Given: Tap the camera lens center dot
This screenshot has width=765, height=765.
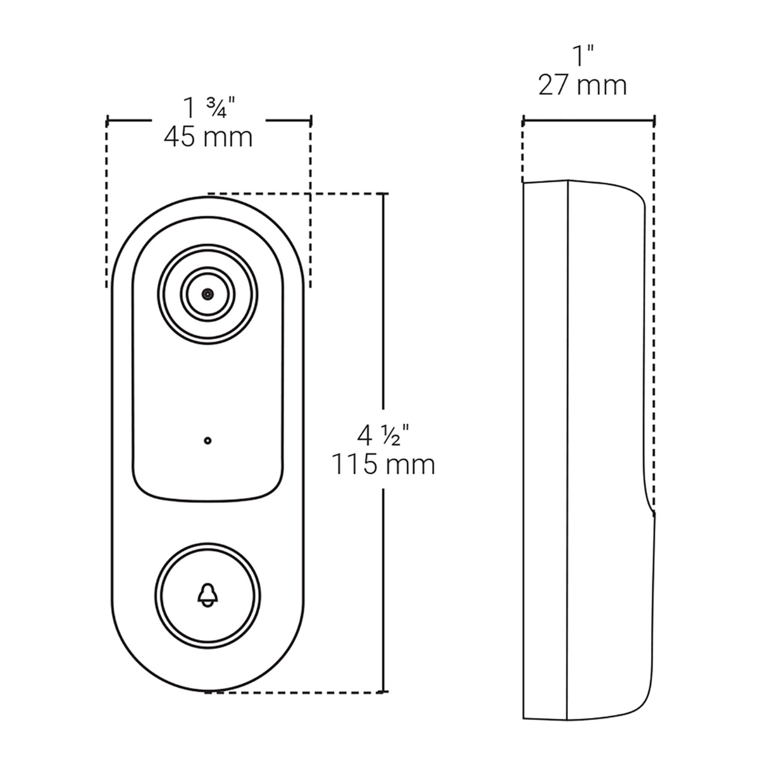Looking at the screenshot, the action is click(x=207, y=294).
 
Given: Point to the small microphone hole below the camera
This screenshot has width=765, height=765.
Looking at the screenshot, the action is click(x=207, y=440).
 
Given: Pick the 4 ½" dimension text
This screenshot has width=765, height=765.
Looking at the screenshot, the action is click(x=383, y=435).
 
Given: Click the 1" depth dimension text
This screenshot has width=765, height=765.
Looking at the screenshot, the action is click(x=584, y=56).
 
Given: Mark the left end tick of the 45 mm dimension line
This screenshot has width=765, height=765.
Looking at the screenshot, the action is click(x=107, y=120).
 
